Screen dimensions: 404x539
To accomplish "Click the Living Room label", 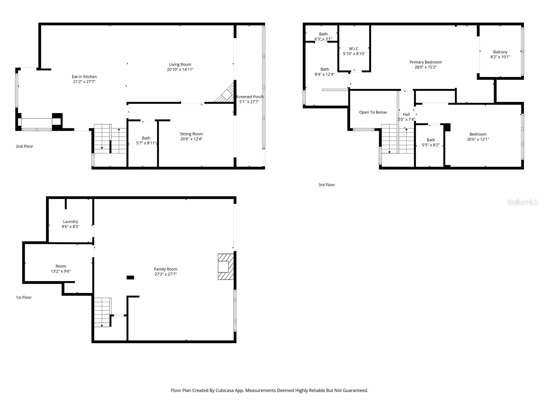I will point(180,64).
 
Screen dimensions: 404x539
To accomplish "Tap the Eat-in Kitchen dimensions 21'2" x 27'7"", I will point(84,81).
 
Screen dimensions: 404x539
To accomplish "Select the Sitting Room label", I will point(191,134).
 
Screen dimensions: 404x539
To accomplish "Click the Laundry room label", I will point(70,222).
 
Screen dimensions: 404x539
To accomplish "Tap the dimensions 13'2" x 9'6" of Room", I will point(61,271).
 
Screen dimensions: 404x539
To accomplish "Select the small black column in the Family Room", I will point(130,277).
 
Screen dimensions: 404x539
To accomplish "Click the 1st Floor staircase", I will point(102,312).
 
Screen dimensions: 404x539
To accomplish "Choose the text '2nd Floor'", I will point(24,146).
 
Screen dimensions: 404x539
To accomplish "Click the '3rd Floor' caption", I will point(326,184).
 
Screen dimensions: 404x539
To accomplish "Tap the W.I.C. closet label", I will point(354,48).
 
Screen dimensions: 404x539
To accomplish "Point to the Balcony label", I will point(500,52).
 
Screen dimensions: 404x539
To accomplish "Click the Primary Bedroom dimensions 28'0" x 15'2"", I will point(425,67).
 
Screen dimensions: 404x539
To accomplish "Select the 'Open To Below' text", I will point(373,112).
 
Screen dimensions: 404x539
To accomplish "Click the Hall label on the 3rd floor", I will point(406,114).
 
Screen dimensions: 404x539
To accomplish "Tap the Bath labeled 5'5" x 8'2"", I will point(431,140).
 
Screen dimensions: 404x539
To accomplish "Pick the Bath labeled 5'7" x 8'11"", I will point(146,138).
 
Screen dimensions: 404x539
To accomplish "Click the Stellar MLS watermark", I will point(522,202).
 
